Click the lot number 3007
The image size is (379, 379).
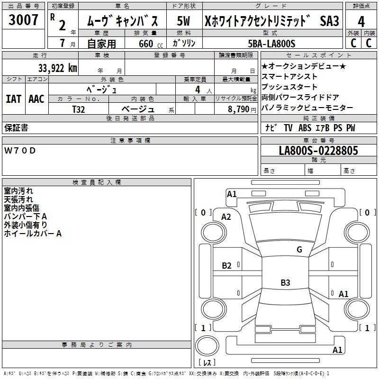coord(24,21)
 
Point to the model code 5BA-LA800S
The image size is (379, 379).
coord(272,44)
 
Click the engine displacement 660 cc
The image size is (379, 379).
coord(146,44)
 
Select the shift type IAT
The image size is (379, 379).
coord(13,99)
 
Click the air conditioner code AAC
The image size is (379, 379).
coord(36,99)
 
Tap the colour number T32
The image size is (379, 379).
coord(79,109)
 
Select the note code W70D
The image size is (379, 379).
coord(20,151)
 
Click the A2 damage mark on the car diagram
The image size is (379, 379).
coord(226,217)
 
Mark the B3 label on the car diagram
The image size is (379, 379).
coord(285,283)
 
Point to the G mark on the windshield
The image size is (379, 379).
coord(299,250)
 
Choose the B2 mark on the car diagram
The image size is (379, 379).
coord(227,266)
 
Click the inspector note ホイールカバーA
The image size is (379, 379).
coord(33,233)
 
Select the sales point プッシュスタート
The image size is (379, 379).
coord(289,87)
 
